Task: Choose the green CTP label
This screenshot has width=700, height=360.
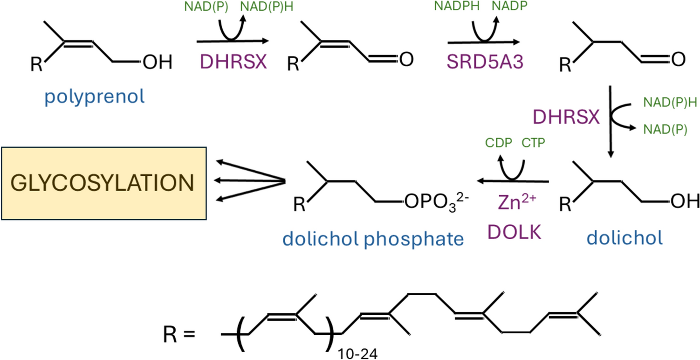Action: click(533, 143)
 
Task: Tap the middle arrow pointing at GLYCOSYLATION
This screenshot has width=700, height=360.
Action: click(249, 181)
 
